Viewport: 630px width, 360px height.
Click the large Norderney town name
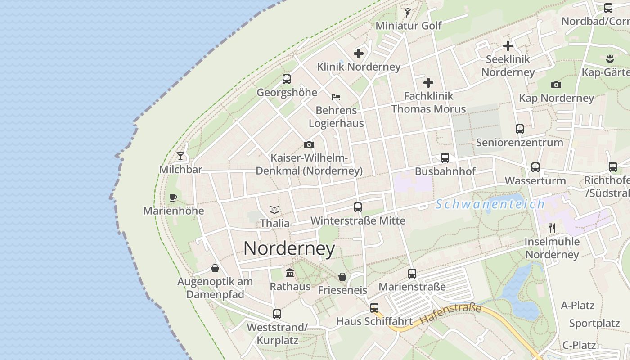(289, 249)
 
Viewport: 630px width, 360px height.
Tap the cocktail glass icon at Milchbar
(180, 156)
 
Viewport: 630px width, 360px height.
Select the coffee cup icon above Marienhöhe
(173, 198)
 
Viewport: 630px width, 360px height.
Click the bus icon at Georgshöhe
(287, 79)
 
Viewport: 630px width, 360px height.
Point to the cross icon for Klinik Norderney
(359, 54)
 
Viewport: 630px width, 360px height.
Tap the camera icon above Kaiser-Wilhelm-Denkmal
(309, 144)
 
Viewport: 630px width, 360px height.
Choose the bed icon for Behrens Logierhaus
(336, 97)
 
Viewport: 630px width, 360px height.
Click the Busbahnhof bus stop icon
(445, 158)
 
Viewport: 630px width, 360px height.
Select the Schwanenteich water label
(490, 204)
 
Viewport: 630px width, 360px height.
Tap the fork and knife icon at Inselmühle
(552, 228)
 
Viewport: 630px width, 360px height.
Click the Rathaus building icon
(290, 273)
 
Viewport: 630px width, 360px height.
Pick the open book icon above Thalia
(274, 210)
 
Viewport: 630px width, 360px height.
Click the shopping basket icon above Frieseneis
(342, 277)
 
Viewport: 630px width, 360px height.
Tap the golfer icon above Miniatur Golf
(408, 13)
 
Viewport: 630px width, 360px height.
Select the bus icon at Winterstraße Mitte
(358, 207)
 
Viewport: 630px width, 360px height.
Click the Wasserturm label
(535, 181)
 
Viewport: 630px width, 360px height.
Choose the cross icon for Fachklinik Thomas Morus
(428, 83)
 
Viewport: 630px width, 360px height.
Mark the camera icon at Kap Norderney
(556, 85)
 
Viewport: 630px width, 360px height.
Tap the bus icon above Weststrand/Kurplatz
(277, 314)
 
